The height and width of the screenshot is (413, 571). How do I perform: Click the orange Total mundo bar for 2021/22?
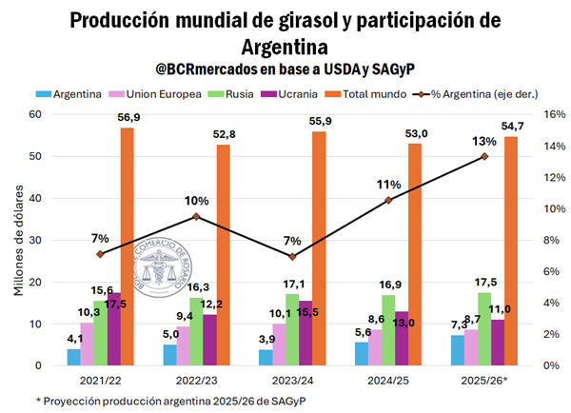pos(127,247)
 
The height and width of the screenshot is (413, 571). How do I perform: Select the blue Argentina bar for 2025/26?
pos(458,350)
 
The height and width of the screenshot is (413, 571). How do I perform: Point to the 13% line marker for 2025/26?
pos(484,156)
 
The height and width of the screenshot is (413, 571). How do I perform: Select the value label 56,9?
pos(128,117)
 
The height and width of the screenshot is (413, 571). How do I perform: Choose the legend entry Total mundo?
pos(391,95)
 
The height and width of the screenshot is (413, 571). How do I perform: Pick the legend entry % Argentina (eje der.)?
pos(495,95)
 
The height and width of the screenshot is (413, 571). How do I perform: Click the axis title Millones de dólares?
pos(20,240)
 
